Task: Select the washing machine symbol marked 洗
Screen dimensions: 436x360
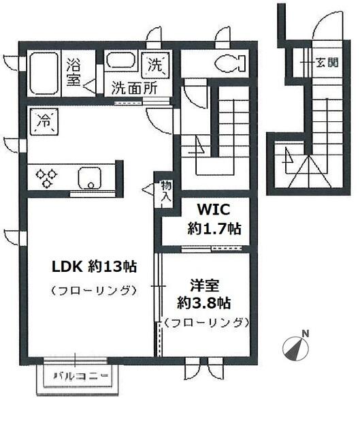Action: tap(157, 65)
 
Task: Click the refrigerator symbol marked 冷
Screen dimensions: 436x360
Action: tap(44, 123)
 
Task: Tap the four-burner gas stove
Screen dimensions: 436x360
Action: tap(47, 177)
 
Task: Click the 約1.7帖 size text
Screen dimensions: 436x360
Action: tap(214, 229)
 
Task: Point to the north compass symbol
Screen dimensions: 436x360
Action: tap(295, 347)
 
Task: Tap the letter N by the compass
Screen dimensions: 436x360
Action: tap(306, 332)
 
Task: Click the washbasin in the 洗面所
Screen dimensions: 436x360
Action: tap(122, 63)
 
